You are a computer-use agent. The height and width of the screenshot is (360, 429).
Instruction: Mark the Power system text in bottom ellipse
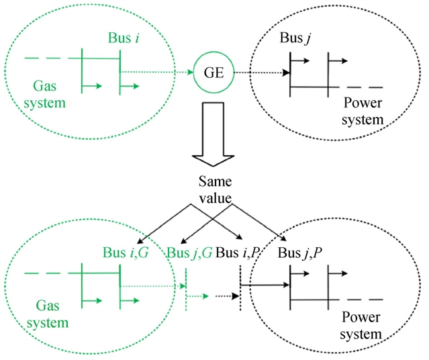click(x=363, y=324)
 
